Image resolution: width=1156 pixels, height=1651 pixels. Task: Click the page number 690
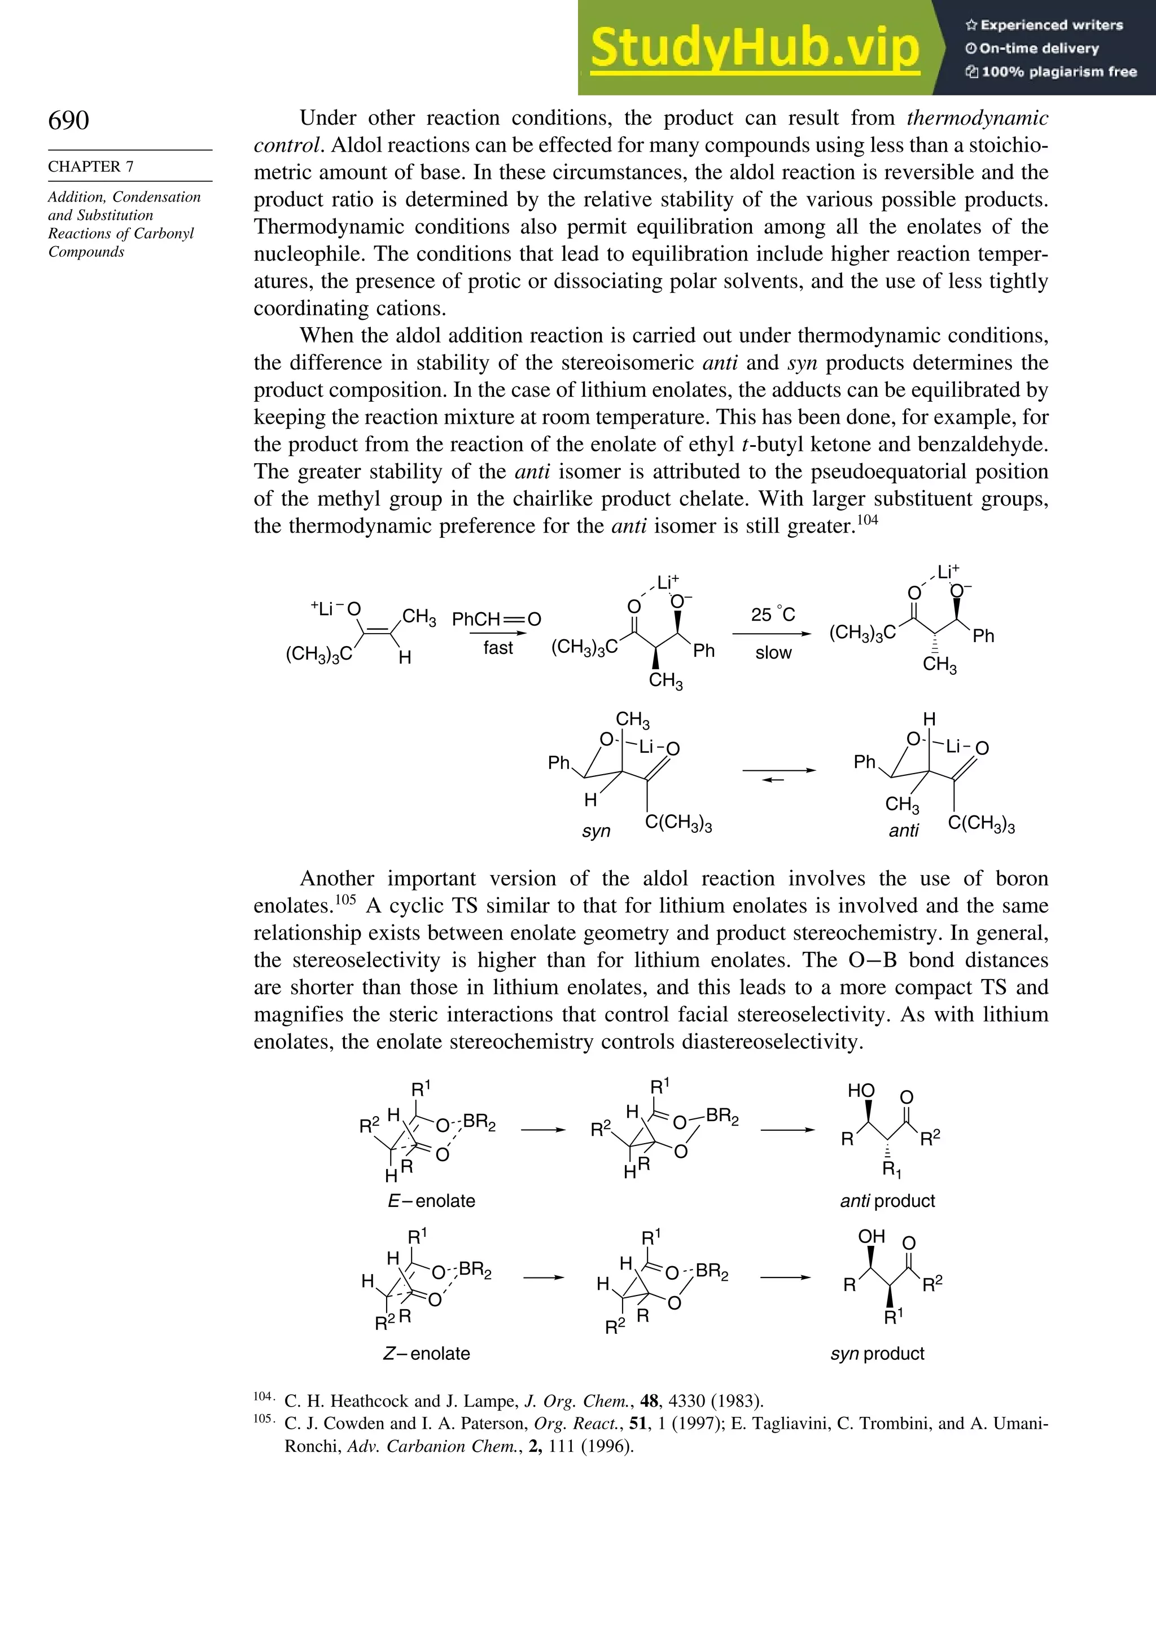69,120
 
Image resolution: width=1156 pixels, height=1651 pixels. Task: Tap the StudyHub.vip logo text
755,47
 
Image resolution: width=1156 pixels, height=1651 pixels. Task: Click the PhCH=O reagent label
496,619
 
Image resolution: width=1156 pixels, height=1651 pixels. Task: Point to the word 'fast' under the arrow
498,648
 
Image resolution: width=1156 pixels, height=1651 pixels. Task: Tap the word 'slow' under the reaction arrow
773,653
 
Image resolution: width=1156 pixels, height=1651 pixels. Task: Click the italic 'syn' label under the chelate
595,831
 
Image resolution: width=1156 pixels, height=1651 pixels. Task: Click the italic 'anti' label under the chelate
904,831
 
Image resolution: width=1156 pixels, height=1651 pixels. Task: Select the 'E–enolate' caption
431,1201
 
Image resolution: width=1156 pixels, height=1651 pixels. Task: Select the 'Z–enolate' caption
427,1353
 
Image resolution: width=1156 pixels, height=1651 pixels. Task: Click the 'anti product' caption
887,1201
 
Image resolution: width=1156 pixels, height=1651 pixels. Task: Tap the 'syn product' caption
877,1353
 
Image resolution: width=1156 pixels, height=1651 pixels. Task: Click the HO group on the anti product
860,1091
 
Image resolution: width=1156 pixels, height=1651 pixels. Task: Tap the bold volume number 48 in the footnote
649,1401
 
